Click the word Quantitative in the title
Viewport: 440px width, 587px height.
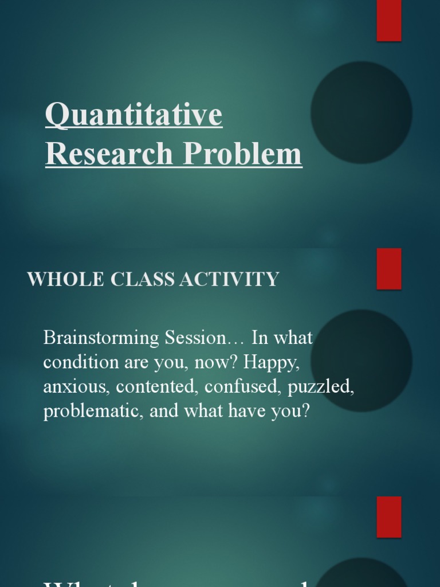pyautogui.click(x=133, y=116)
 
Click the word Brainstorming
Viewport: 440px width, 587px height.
pyautogui.click(x=103, y=338)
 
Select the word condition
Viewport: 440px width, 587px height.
pyautogui.click(x=79, y=362)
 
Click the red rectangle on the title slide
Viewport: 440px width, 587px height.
pyautogui.click(x=389, y=21)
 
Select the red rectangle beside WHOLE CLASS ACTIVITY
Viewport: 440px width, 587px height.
pyautogui.click(x=389, y=269)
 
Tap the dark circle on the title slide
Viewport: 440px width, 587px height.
pyautogui.click(x=362, y=112)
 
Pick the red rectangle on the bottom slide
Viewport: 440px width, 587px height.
pyautogui.click(x=389, y=517)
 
